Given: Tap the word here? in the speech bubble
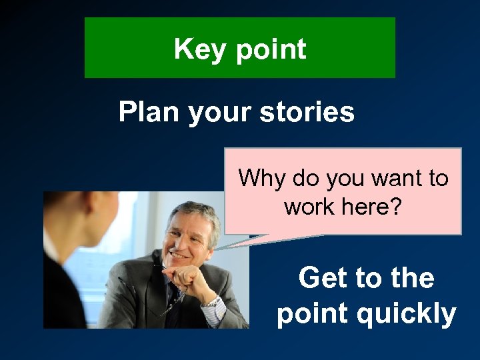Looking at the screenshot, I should tap(373, 206).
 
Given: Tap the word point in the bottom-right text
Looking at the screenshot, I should tap(313, 313).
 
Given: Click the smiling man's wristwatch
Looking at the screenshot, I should tap(212, 301).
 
